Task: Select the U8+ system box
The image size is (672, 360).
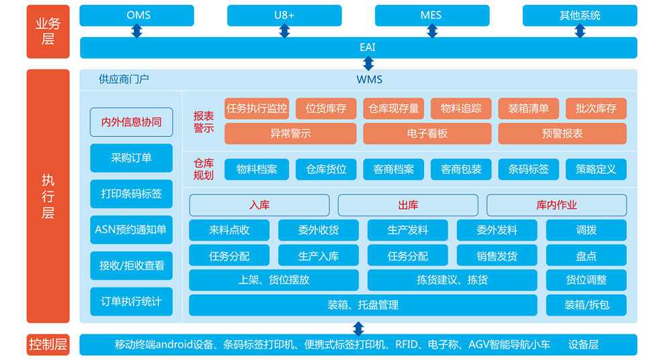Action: tap(284, 15)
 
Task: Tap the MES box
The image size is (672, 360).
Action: tap(431, 15)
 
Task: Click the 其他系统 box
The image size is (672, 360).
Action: tap(580, 15)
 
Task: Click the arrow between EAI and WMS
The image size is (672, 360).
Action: tap(368, 63)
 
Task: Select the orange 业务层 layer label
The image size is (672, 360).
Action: tap(48, 32)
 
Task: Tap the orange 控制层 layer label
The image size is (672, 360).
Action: tap(48, 345)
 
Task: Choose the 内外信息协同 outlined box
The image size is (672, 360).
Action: tap(131, 122)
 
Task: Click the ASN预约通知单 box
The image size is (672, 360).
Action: tap(131, 230)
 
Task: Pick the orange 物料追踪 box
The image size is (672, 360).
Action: tap(461, 108)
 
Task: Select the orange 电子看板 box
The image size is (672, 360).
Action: tap(427, 133)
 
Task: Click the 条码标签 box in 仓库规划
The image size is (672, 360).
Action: tap(528, 169)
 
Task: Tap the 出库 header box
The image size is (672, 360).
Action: tap(408, 205)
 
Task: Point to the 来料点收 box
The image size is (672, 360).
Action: tap(229, 230)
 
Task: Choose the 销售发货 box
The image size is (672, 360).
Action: tap(497, 255)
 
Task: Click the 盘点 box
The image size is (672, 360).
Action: tap(586, 255)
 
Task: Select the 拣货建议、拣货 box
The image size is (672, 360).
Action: tap(452, 279)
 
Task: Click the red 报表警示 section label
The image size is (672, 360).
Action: tap(204, 121)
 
